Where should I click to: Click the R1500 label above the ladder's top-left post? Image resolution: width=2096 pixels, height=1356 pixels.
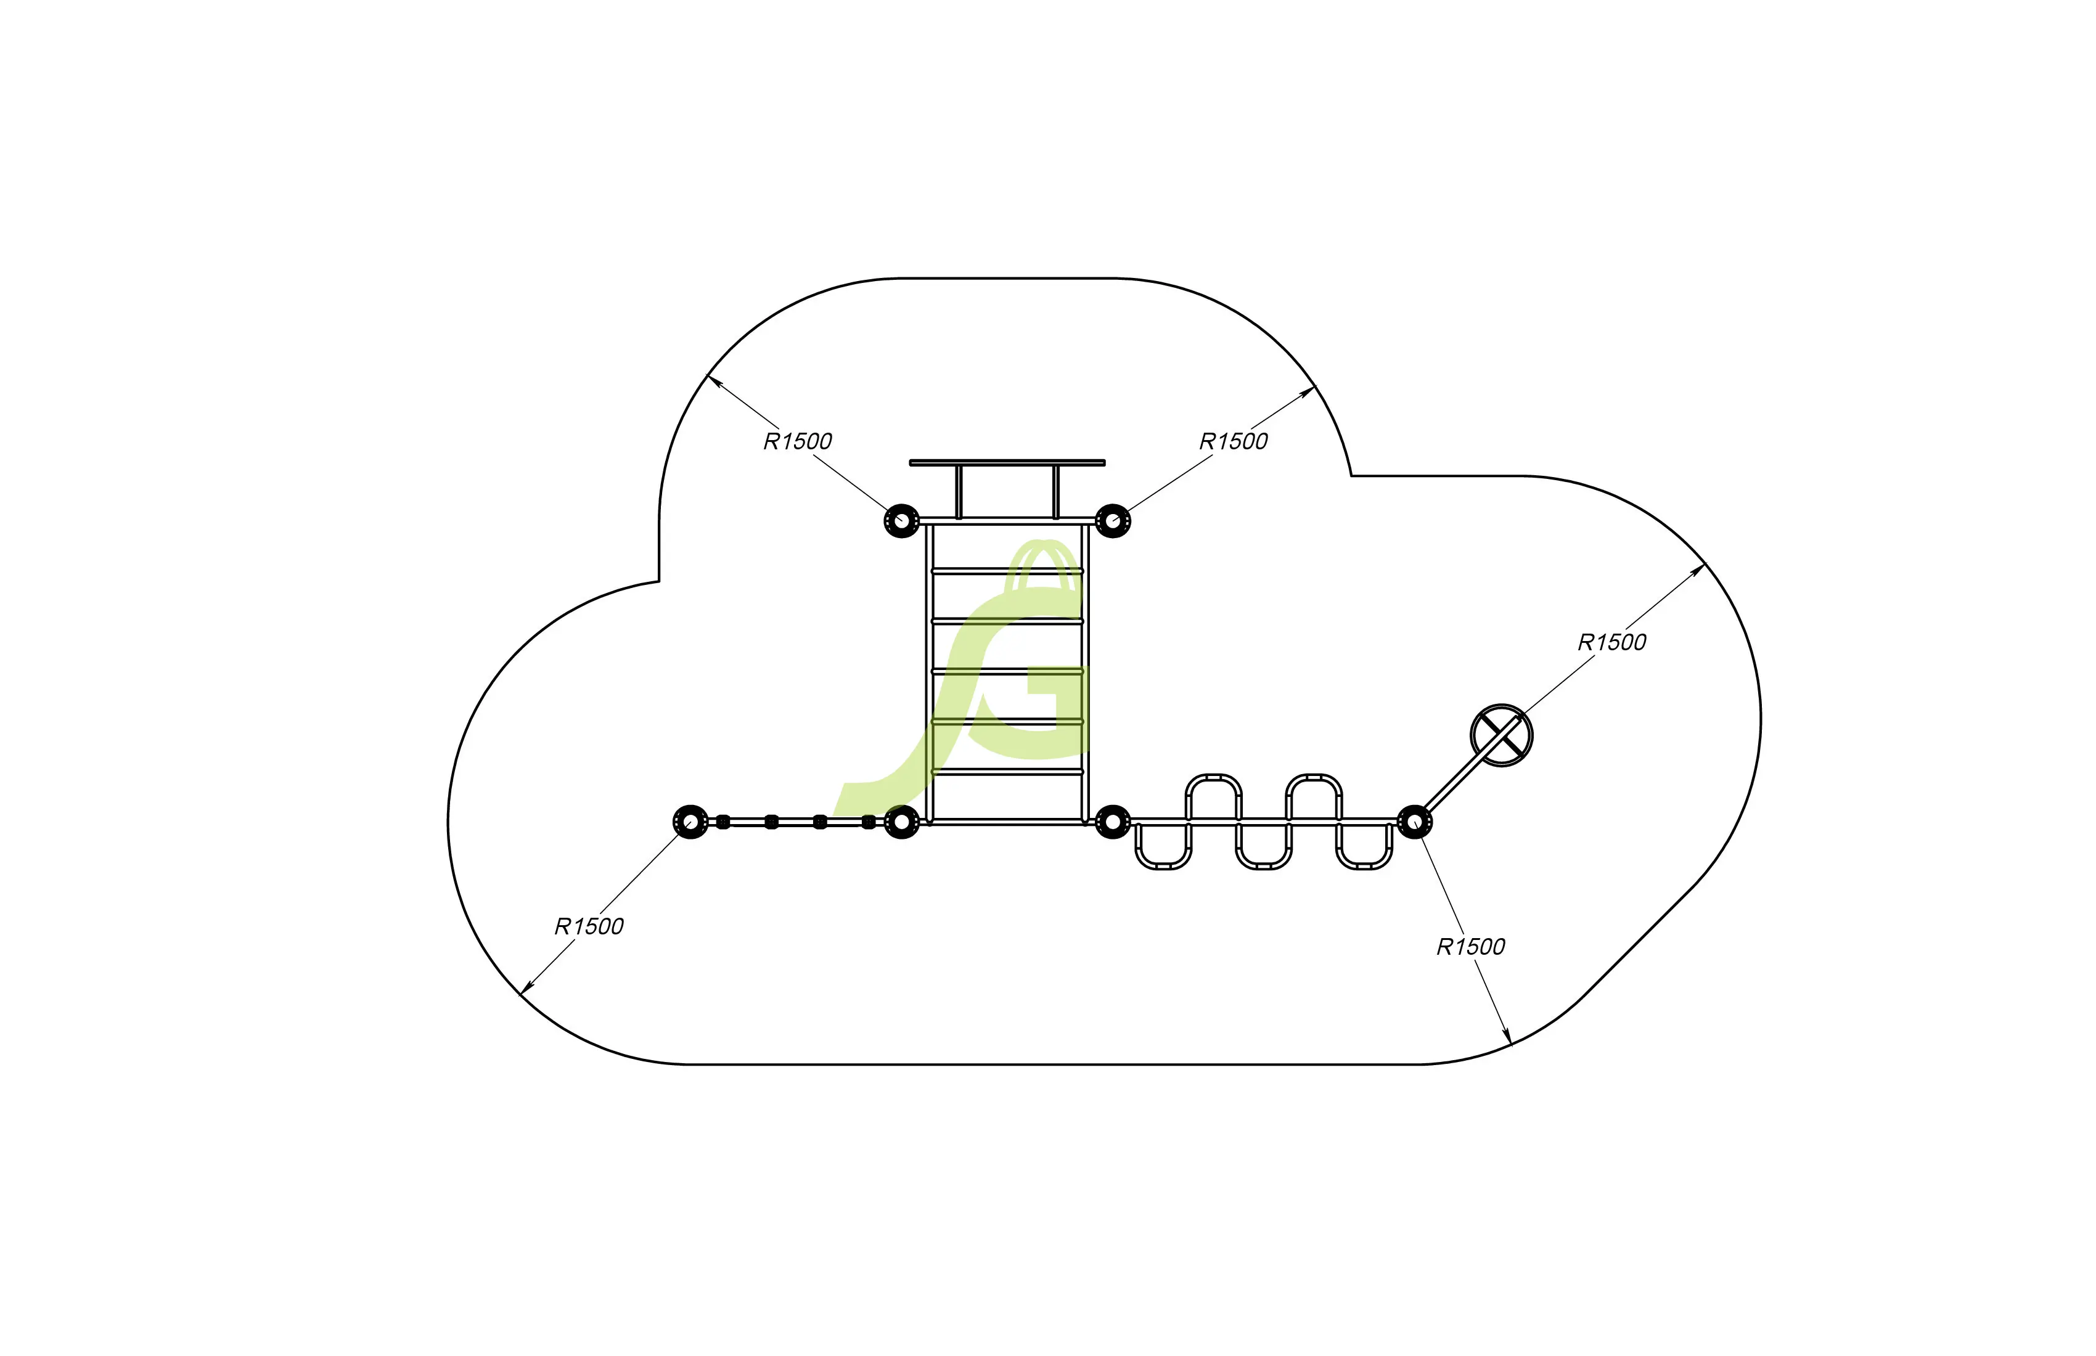(797, 441)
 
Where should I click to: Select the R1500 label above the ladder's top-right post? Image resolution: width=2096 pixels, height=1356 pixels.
(1233, 441)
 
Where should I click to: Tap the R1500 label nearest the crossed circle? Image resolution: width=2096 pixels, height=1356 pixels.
(1611, 642)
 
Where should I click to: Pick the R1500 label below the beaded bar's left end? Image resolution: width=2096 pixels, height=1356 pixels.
(588, 926)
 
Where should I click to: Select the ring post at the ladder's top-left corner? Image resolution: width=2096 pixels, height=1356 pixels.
(901, 520)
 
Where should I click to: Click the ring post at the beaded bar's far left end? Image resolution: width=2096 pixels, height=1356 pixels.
(690, 822)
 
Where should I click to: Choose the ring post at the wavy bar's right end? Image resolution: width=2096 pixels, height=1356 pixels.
(1414, 822)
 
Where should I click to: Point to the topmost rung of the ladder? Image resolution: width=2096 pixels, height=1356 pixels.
(1007, 571)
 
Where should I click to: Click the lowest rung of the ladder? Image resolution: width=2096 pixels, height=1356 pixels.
(1007, 771)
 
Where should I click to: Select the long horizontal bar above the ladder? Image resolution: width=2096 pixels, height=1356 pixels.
(1007, 462)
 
